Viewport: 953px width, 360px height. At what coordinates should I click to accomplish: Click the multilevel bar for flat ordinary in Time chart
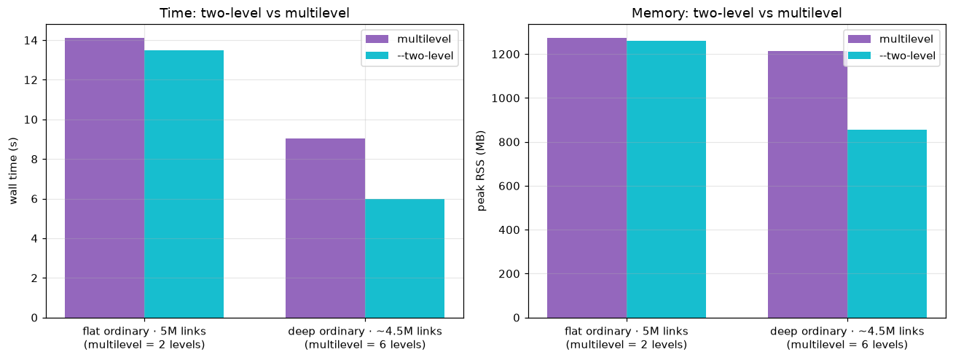[x=105, y=178]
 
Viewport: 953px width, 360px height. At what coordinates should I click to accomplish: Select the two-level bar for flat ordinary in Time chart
[x=184, y=184]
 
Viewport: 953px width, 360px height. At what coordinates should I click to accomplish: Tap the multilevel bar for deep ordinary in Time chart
[x=326, y=228]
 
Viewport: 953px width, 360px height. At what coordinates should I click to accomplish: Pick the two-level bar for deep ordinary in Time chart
[x=404, y=258]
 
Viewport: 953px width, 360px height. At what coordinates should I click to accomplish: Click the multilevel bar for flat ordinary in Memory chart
[x=587, y=178]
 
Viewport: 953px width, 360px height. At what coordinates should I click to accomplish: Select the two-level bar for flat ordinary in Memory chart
[x=666, y=179]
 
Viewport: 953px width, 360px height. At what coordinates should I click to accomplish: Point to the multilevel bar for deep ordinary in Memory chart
[x=807, y=184]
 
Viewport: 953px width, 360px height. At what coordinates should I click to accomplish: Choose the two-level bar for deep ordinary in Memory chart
[x=887, y=224]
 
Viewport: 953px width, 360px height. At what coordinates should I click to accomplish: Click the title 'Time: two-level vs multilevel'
[x=254, y=13]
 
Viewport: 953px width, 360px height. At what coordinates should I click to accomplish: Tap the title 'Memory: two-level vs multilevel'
[x=737, y=13]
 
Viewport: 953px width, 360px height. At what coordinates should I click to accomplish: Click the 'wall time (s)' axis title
[x=13, y=171]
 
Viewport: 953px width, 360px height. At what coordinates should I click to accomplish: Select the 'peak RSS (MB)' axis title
[x=481, y=171]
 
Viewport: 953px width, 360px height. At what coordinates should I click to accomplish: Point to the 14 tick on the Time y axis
[x=44, y=40]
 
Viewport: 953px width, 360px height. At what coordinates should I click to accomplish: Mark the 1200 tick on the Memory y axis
[x=526, y=54]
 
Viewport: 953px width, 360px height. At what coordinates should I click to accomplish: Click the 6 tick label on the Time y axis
[x=34, y=199]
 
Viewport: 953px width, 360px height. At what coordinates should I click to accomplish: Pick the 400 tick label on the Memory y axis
[x=509, y=230]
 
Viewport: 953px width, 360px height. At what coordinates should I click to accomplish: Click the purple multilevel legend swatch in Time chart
[x=377, y=39]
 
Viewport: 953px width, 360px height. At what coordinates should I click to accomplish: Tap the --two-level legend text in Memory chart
[x=907, y=55]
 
